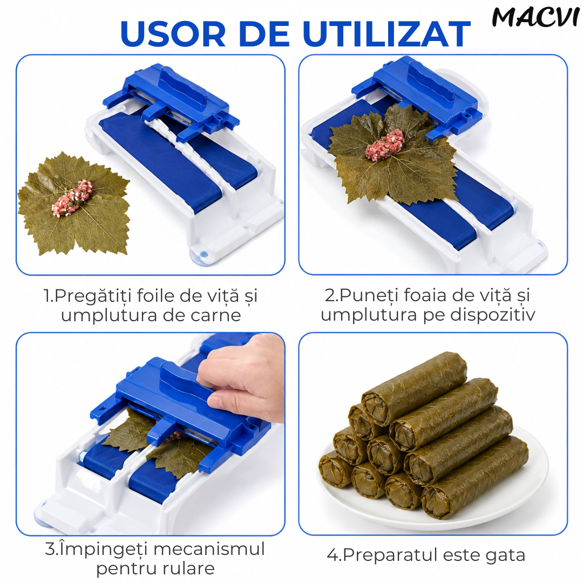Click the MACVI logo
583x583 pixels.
pos(536,17)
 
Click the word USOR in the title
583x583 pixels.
pos(173,34)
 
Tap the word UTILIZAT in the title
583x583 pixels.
pos(387,34)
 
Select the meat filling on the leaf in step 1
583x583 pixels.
pos(72,198)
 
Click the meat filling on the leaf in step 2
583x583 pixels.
pos(385,145)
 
